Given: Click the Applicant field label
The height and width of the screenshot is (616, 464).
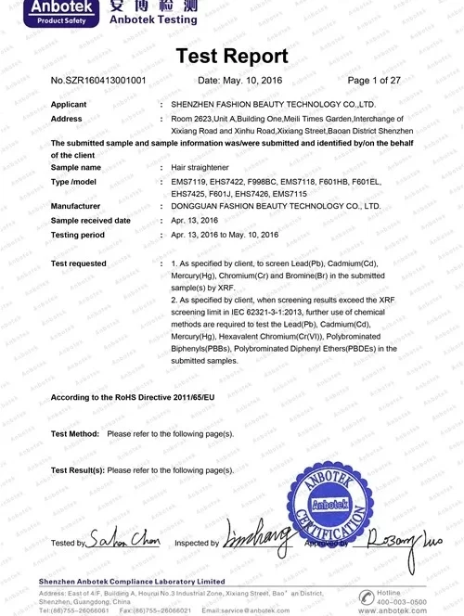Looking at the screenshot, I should (69, 105).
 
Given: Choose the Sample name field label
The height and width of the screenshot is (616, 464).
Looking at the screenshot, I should (76, 168).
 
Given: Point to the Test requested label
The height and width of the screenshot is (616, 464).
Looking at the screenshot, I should (79, 264).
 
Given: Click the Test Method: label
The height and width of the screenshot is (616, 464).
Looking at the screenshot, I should (75, 433).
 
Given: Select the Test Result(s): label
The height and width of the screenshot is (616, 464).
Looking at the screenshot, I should (78, 470).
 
